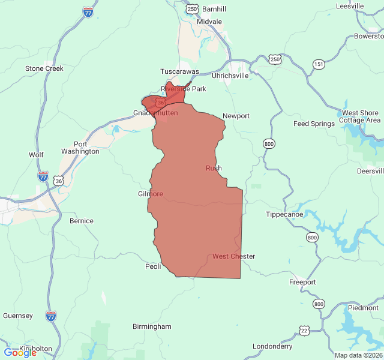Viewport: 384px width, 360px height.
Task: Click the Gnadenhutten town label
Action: click(x=155, y=113)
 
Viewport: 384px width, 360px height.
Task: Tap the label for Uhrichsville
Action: click(x=230, y=76)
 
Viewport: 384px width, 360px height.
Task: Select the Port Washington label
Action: click(x=80, y=148)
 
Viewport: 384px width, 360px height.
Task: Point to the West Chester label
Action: click(x=233, y=256)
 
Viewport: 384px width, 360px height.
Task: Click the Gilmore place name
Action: click(x=151, y=194)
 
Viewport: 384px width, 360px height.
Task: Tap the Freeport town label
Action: click(x=302, y=282)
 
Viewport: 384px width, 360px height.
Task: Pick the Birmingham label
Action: click(x=152, y=326)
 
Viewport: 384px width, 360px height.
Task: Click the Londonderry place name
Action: click(x=272, y=346)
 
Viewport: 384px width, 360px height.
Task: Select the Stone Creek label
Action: click(x=44, y=68)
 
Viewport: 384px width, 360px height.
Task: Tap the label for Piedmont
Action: click(x=363, y=308)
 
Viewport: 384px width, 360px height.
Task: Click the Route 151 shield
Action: click(x=318, y=64)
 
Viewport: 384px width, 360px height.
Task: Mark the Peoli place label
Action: click(x=154, y=266)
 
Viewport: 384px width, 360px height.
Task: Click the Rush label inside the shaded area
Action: click(x=214, y=168)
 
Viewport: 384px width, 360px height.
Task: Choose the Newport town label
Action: click(x=236, y=116)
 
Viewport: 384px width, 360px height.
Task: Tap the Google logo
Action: click(x=20, y=353)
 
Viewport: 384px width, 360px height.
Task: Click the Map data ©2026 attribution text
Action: click(x=358, y=355)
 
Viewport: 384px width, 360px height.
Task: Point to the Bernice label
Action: click(x=82, y=221)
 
